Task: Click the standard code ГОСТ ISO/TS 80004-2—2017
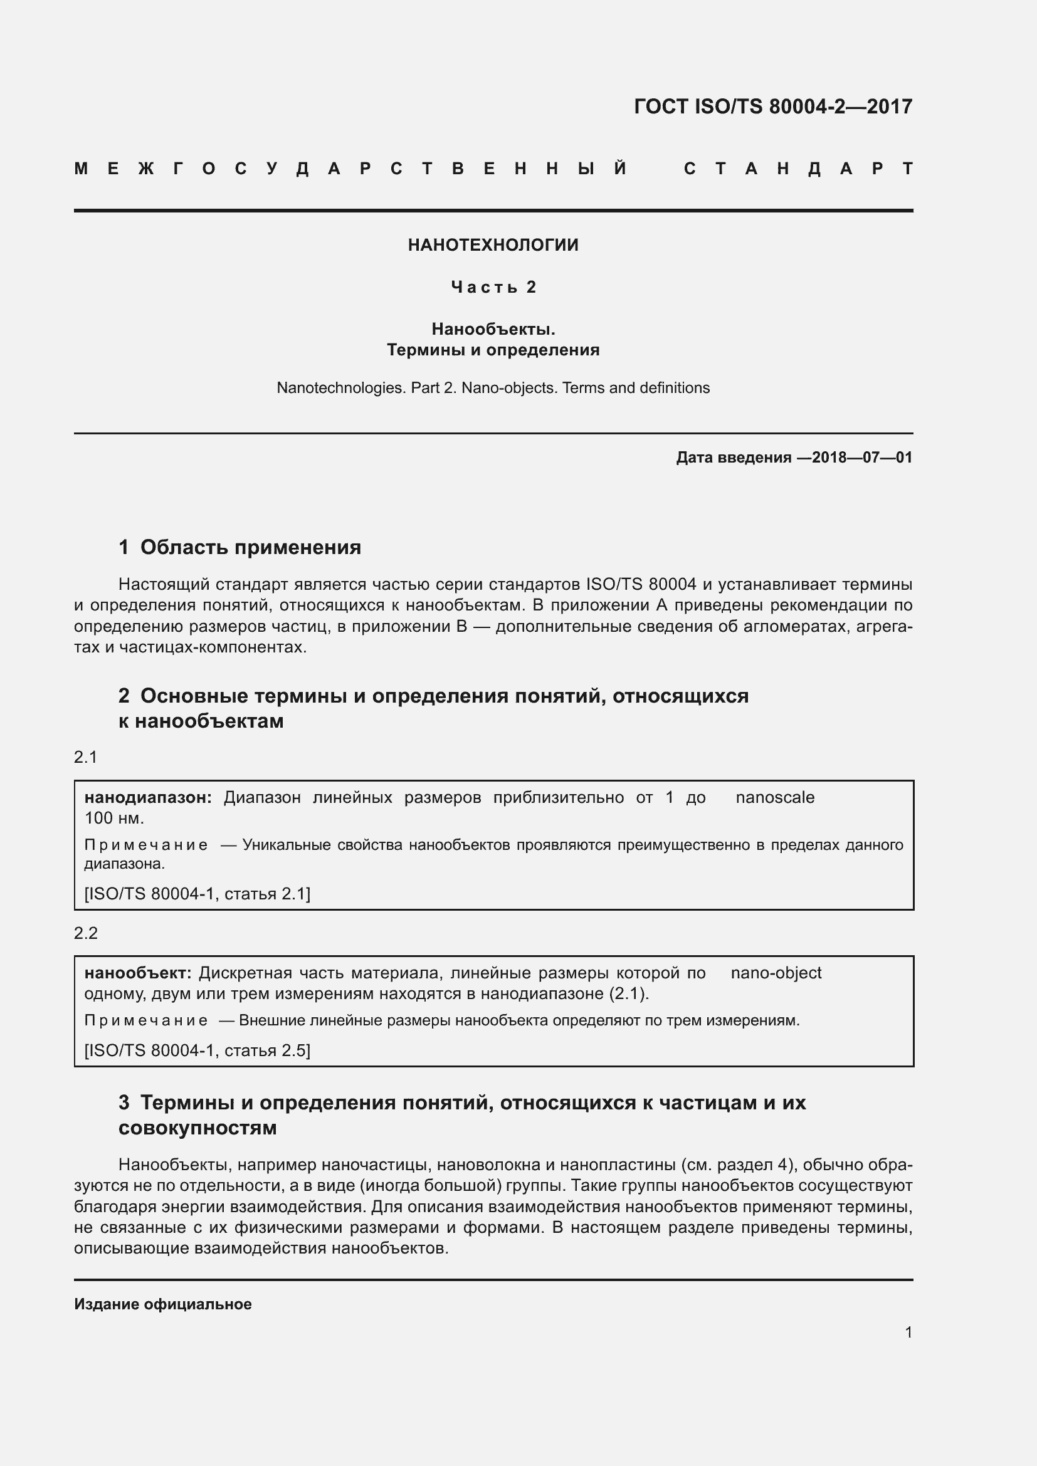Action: click(772, 106)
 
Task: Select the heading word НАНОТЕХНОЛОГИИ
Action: click(493, 245)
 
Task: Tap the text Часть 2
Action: click(493, 287)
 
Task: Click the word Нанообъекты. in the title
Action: click(493, 330)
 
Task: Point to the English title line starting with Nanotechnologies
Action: click(493, 388)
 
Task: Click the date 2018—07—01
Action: click(862, 457)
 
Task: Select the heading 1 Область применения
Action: click(240, 547)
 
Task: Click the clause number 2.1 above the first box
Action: click(85, 757)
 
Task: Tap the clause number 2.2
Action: click(85, 933)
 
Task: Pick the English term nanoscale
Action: click(774, 797)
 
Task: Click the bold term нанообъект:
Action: click(138, 973)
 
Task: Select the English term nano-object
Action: click(776, 973)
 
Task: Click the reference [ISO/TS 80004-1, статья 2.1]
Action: click(197, 894)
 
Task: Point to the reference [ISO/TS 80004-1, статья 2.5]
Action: click(197, 1050)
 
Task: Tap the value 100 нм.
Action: click(114, 818)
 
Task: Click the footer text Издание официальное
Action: click(163, 1304)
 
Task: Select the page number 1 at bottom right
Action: click(908, 1332)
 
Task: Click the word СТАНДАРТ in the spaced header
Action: click(798, 169)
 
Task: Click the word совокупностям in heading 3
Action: click(197, 1128)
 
